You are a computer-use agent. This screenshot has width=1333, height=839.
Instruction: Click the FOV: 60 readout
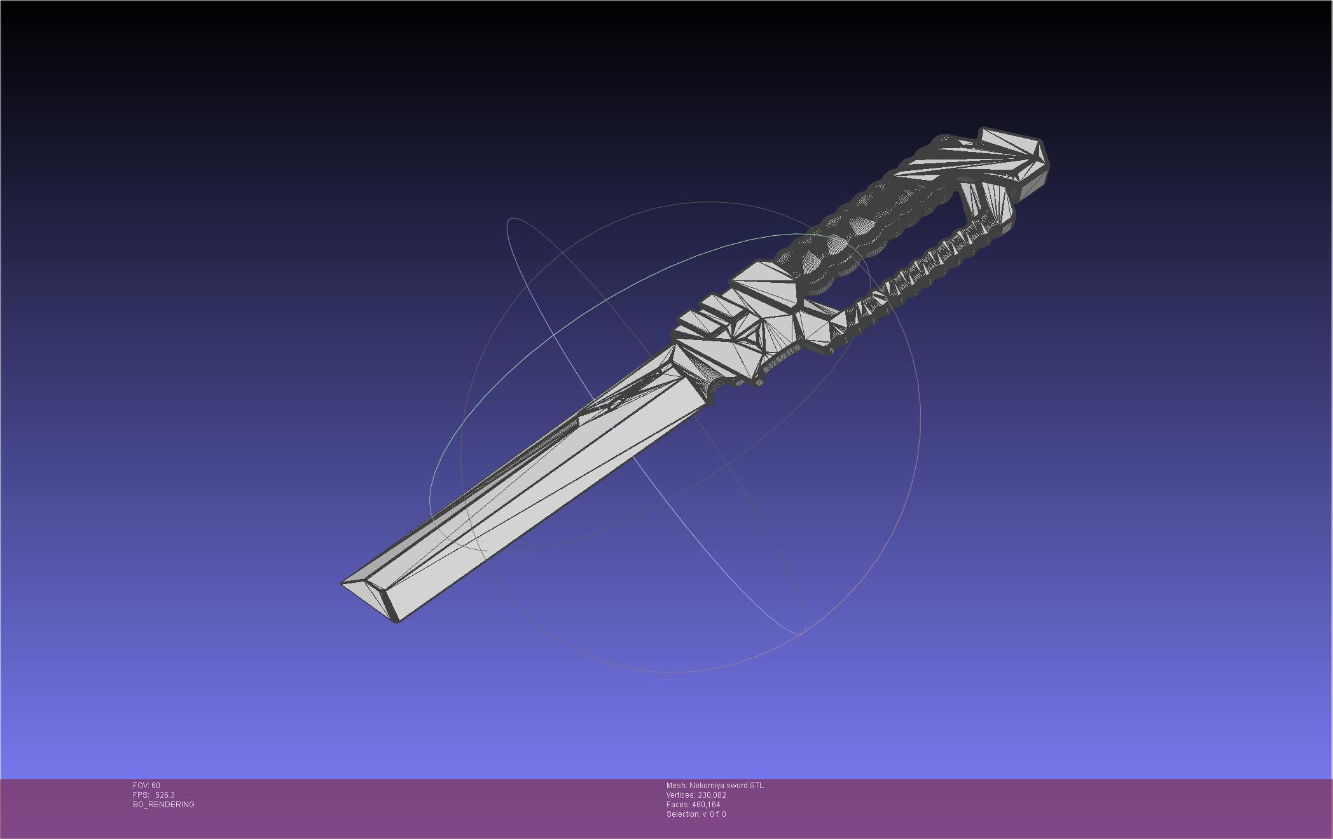pyautogui.click(x=146, y=786)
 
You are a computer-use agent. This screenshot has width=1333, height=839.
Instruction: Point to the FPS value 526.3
pyautogui.click(x=165, y=795)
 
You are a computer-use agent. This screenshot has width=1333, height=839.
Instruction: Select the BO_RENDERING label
pyautogui.click(x=163, y=805)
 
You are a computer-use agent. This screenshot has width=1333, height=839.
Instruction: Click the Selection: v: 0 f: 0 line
pyautogui.click(x=696, y=814)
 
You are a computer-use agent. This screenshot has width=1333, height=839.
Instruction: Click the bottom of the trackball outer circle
pyautogui.click(x=674, y=672)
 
